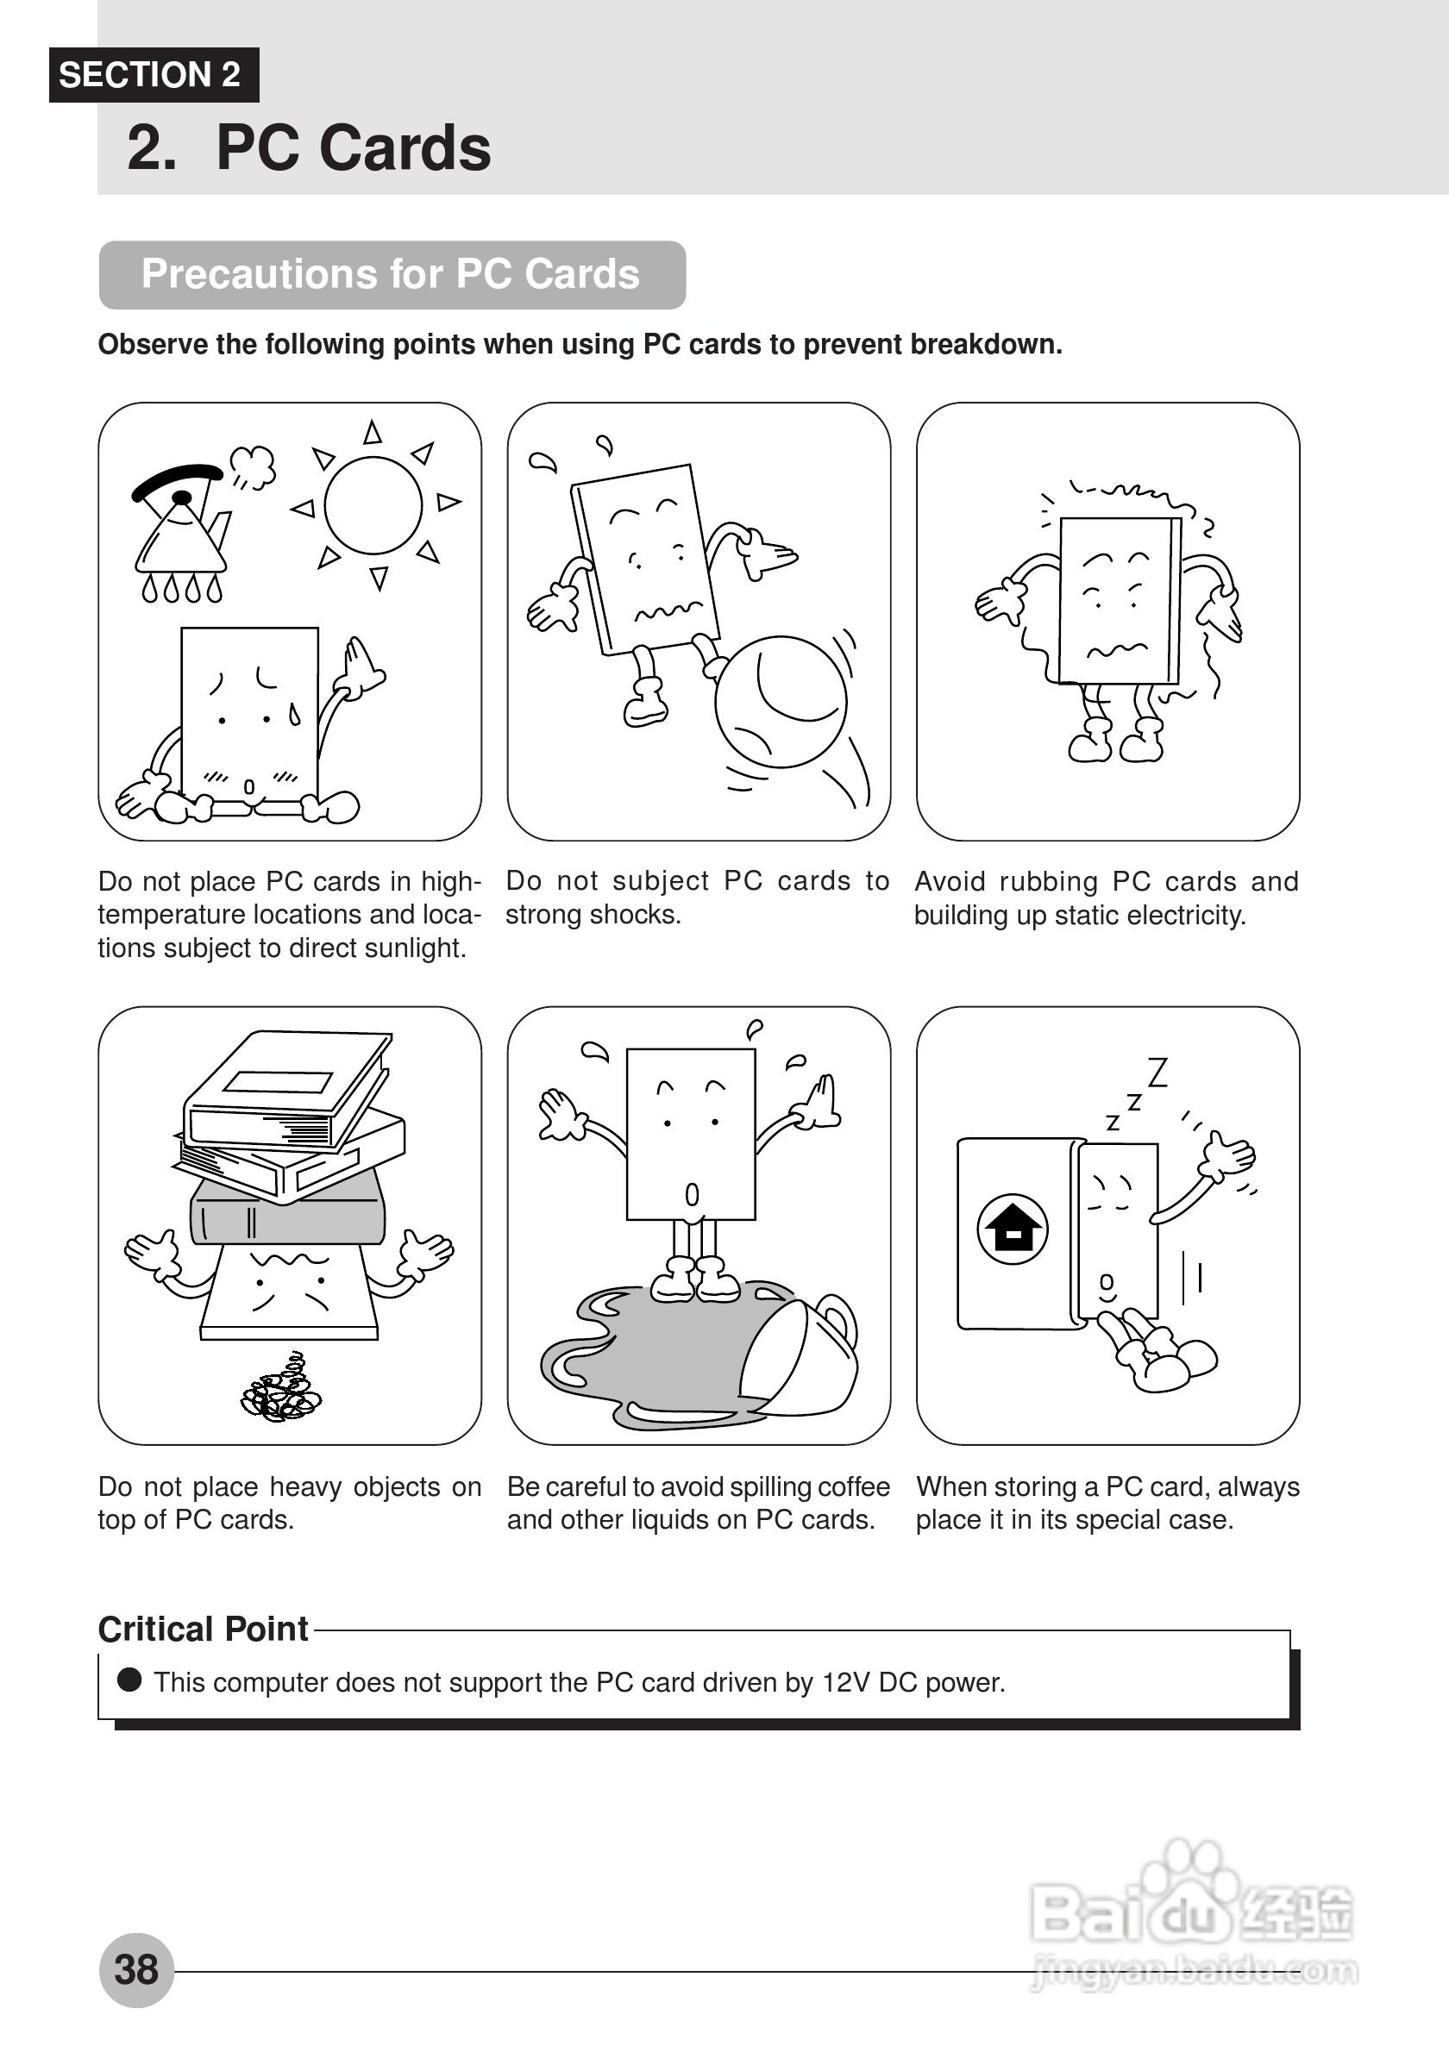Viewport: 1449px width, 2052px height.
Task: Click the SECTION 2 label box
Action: pyautogui.click(x=153, y=75)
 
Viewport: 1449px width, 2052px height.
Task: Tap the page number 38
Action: pyautogui.click(x=136, y=1970)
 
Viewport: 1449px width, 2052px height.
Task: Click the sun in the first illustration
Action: pyautogui.click(x=373, y=506)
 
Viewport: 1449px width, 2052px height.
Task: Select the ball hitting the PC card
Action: pyautogui.click(x=781, y=702)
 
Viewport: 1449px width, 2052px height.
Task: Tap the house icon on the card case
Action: pyautogui.click(x=1012, y=1229)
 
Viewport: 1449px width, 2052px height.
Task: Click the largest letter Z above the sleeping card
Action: pyautogui.click(x=1157, y=1072)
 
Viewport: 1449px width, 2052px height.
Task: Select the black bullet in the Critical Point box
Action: pyautogui.click(x=129, y=1680)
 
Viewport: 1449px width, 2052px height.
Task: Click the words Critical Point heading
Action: pyautogui.click(x=203, y=1630)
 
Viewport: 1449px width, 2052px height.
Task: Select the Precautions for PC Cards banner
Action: pyautogui.click(x=392, y=274)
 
